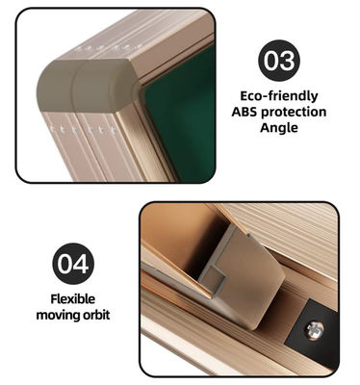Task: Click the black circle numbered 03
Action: tap(279, 61)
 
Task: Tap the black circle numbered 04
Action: tap(73, 264)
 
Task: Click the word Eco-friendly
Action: tap(279, 96)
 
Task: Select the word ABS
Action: tap(244, 112)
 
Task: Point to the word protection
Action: tap(294, 113)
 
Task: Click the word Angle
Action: tap(279, 128)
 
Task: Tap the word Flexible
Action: tap(73, 298)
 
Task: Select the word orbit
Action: tap(96, 315)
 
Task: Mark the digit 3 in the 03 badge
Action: tap(287, 61)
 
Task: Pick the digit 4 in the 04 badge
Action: tap(81, 264)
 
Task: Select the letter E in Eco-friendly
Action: tap(244, 95)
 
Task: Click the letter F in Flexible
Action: tap(54, 298)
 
